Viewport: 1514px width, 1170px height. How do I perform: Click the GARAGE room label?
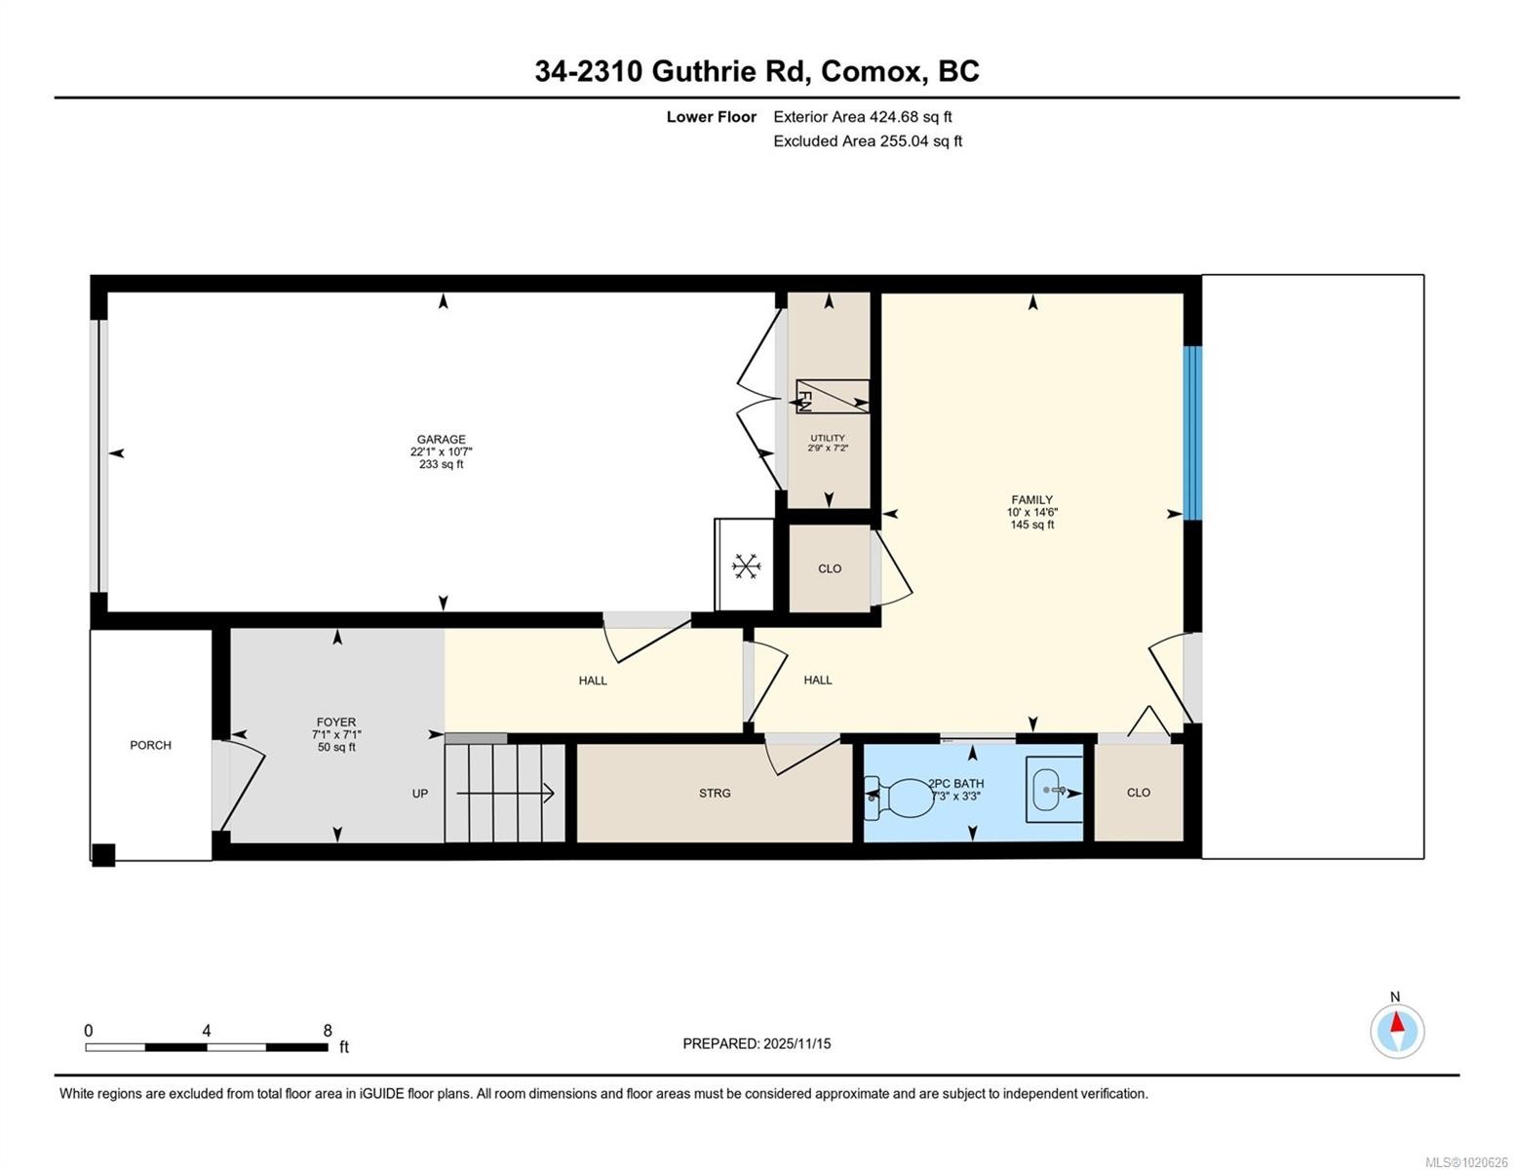(441, 440)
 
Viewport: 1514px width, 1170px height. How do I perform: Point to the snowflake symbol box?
(746, 566)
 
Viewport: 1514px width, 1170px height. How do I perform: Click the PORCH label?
(150, 745)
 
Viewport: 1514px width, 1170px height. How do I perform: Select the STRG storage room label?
(715, 794)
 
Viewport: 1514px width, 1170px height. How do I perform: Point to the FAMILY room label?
(1031, 500)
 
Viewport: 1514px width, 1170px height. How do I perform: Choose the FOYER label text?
(336, 722)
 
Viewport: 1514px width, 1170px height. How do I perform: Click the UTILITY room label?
(828, 438)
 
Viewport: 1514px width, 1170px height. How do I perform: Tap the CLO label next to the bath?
(1138, 793)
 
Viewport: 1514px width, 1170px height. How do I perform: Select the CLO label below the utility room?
(830, 568)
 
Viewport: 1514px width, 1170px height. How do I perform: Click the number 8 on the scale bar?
(328, 1031)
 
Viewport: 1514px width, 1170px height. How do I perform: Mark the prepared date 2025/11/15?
(796, 1043)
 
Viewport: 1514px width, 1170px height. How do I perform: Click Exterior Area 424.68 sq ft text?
(862, 117)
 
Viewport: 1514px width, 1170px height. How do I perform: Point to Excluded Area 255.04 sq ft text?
(867, 141)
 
